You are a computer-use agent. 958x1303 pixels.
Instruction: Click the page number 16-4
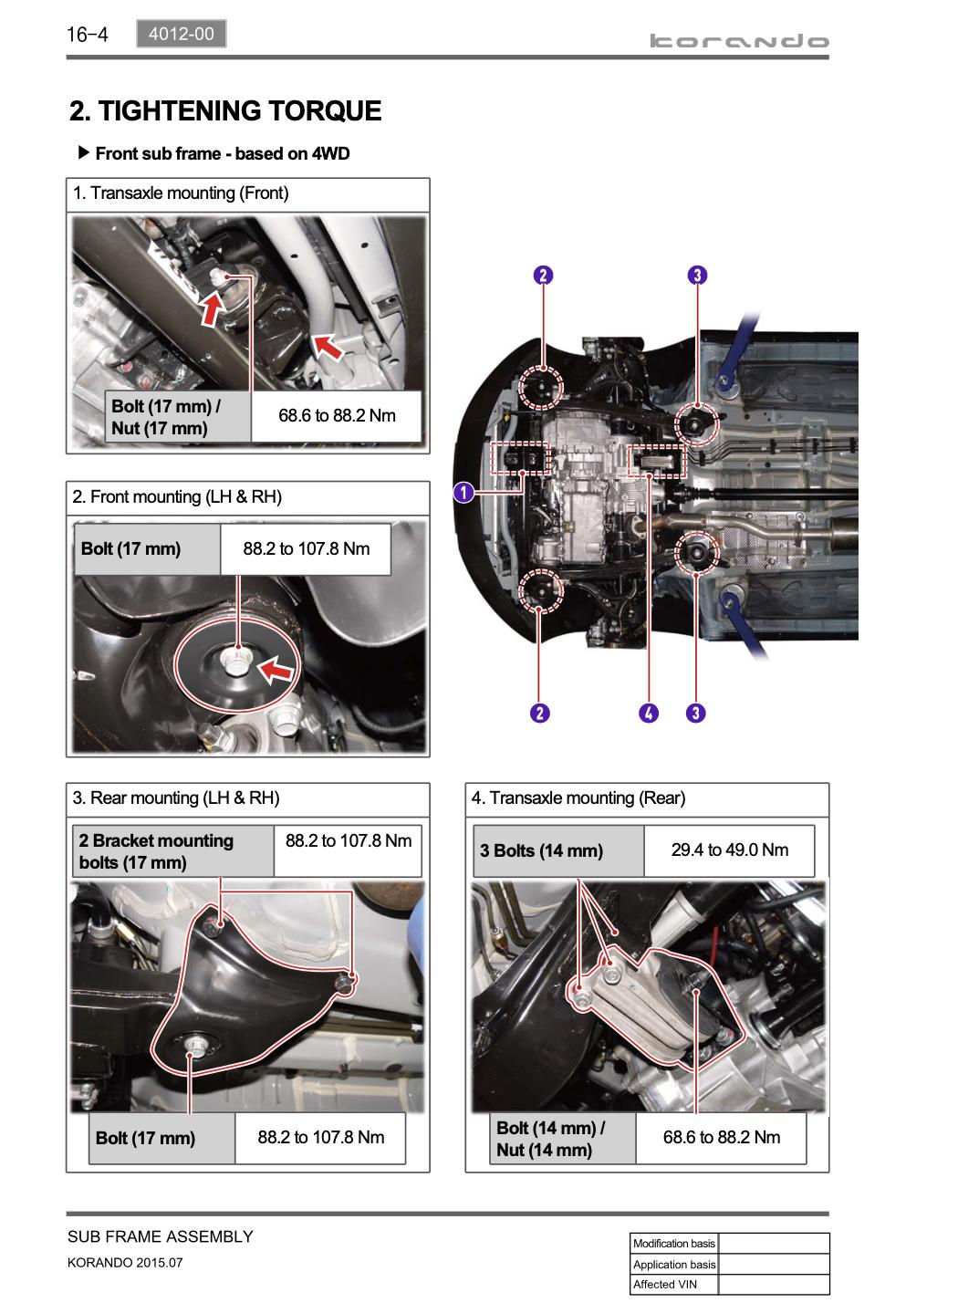coord(87,35)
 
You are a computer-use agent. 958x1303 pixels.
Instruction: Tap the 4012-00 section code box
coord(181,35)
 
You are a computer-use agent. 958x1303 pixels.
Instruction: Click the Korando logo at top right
coord(739,41)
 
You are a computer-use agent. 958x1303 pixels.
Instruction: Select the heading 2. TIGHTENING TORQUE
coord(225,111)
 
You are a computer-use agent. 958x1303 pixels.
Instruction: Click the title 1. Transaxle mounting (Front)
coord(181,193)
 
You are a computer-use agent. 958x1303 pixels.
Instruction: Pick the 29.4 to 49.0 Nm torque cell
coord(729,850)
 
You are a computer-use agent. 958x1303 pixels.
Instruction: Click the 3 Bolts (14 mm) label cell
coord(541,851)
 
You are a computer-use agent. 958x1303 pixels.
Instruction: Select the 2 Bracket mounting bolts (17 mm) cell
coord(156,851)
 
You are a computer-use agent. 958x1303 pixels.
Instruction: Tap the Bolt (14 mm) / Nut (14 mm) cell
coord(550,1139)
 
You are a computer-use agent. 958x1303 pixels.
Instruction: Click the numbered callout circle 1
coord(463,494)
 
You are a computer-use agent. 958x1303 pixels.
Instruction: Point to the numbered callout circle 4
coord(648,713)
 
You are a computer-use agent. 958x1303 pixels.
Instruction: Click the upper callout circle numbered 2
coord(543,276)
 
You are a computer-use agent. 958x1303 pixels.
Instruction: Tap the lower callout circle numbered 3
coord(695,713)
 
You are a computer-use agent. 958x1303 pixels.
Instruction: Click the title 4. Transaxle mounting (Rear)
coord(578,798)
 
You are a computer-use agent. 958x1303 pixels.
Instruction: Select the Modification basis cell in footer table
coord(674,1244)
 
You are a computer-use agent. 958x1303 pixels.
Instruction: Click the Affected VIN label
coord(666,1284)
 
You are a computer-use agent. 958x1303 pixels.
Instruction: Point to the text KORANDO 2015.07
coord(125,1264)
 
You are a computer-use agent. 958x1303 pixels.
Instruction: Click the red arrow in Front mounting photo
coord(276,672)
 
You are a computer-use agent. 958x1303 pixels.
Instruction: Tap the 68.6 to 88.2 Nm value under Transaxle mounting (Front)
coord(337,416)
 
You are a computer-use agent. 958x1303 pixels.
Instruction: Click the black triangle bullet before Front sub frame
coord(84,152)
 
